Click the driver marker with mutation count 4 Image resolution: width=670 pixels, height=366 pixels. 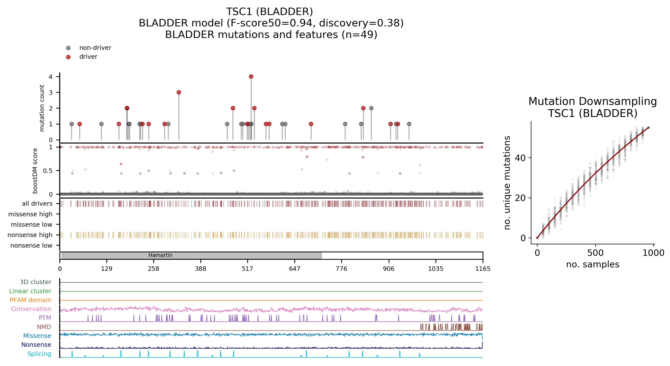click(251, 76)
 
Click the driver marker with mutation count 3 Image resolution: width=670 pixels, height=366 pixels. click(179, 92)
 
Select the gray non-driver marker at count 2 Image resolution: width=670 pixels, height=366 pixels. click(371, 108)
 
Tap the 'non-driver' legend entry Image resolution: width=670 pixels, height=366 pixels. click(95, 48)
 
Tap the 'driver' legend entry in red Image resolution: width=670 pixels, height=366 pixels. click(88, 57)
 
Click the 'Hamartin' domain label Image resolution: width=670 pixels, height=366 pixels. click(160, 255)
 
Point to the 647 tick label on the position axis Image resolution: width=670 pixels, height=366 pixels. click(294, 269)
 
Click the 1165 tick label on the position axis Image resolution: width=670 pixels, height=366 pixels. click(483, 269)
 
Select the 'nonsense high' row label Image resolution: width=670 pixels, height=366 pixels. click(30, 235)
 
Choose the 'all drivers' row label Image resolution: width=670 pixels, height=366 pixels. click(37, 203)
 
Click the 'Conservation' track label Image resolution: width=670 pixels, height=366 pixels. click(31, 309)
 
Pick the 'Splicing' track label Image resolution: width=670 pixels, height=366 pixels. click(39, 354)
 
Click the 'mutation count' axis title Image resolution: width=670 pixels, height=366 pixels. click(42, 108)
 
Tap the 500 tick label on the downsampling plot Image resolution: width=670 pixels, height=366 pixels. click(595, 253)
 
